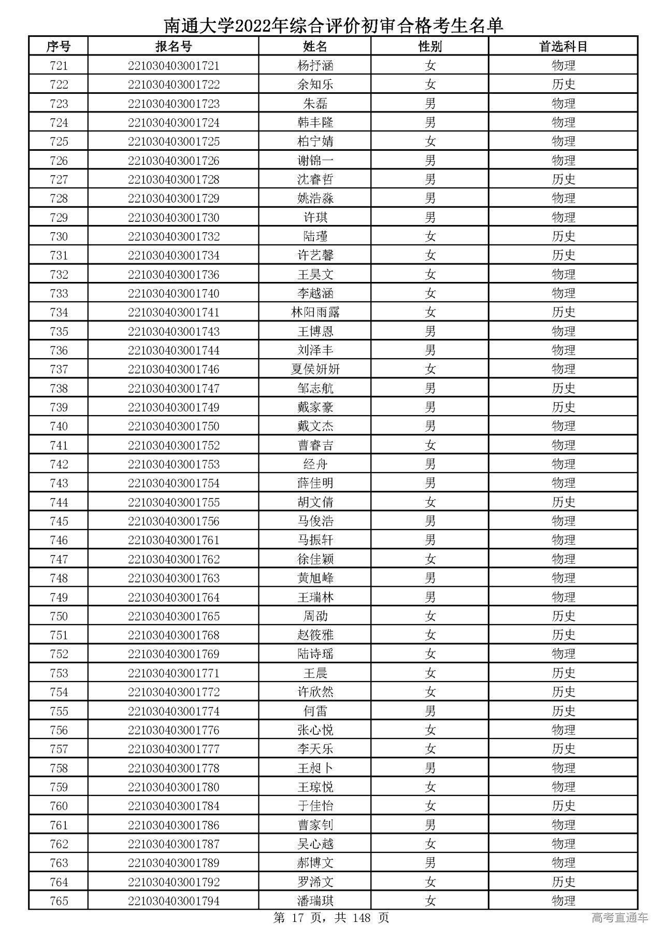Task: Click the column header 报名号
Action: (174, 47)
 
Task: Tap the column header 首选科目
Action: (563, 47)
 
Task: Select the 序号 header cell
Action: (59, 47)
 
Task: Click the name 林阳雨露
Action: (315, 312)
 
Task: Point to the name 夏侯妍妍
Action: (315, 369)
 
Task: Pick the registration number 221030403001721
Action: (174, 66)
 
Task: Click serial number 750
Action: (59, 616)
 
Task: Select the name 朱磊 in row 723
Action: (315, 104)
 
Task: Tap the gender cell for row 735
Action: (430, 332)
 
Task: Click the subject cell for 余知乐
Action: (563, 84)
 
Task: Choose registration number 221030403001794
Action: (174, 901)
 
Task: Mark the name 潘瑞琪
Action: (315, 901)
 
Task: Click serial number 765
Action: (59, 901)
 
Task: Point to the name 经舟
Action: (315, 464)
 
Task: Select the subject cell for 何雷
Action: (563, 711)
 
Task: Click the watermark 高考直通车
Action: (619, 918)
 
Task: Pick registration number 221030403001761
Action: (174, 541)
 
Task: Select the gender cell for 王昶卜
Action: (430, 768)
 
